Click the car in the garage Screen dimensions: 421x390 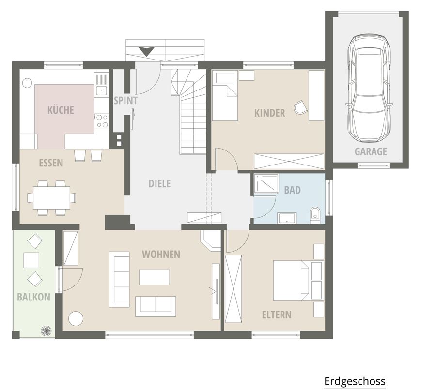pos(369,89)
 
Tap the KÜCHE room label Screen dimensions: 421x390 pos(61,110)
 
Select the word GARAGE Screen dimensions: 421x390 pos(371,151)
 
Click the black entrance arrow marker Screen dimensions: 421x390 pos(147,51)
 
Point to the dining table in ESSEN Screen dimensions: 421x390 pos(51,198)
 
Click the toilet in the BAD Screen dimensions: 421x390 pos(315,215)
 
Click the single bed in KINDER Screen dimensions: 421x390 pos(225,95)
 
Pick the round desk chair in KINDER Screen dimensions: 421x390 pos(300,107)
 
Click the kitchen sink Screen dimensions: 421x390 pos(101,90)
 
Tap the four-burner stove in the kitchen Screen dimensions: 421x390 pos(102,120)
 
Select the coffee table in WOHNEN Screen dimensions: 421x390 pos(155,277)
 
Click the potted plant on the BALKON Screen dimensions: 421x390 pos(46,330)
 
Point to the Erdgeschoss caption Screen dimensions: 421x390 pos(355,381)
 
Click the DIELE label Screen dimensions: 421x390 pos(159,184)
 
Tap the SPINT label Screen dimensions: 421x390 pos(125,101)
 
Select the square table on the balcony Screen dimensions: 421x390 pos(31,260)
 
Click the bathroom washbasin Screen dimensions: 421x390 pos(287,218)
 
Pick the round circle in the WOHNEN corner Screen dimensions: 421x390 pos(76,319)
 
